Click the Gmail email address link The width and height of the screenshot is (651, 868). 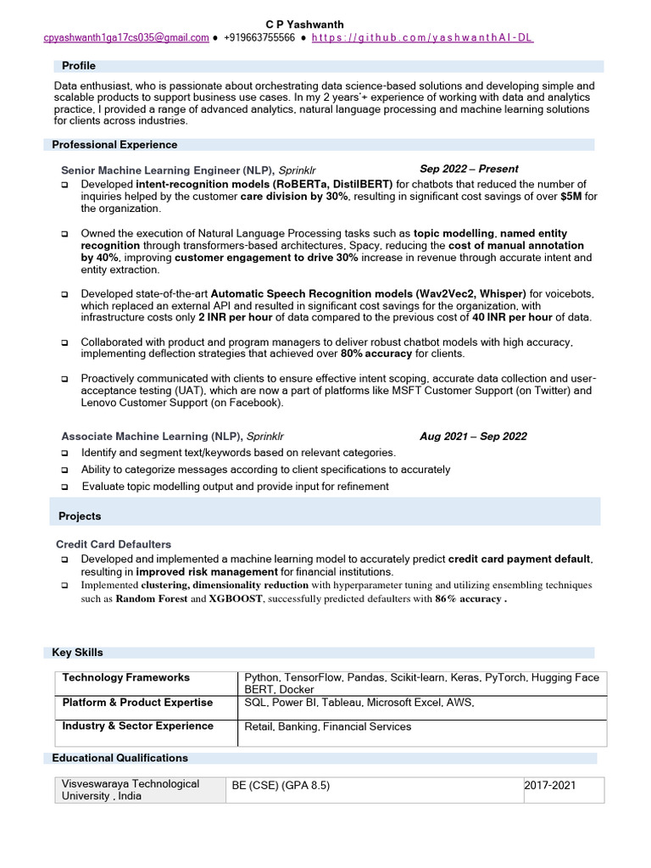[126, 38]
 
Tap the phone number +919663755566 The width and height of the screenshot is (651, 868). [260, 38]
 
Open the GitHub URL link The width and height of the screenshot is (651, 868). [422, 38]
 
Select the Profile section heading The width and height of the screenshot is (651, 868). [78, 66]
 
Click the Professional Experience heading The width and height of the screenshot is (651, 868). [114, 145]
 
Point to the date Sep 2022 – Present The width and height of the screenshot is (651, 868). [469, 169]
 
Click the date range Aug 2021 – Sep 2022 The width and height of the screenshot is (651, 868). [473, 437]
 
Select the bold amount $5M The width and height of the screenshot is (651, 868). [571, 197]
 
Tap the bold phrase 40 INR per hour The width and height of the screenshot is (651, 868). [512, 317]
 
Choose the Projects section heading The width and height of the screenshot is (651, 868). [80, 516]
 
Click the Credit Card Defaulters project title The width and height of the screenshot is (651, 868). [114, 544]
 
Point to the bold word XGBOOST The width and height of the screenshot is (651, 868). [236, 598]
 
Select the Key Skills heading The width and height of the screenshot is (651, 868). [78, 653]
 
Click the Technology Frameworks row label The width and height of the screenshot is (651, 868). [126, 678]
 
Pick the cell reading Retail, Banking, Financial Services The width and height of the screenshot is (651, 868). [327, 726]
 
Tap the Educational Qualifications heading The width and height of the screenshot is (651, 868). [120, 758]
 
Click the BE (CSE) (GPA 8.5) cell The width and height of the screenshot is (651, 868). [281, 786]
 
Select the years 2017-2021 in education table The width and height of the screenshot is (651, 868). [550, 786]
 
